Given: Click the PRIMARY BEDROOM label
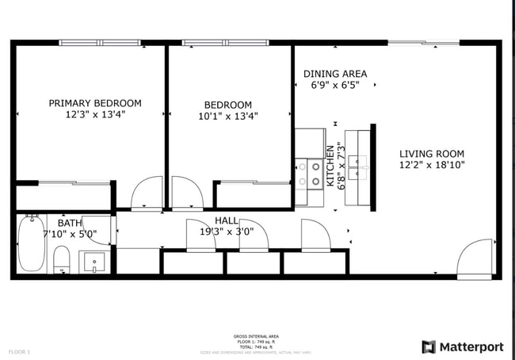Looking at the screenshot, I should (x=95, y=103).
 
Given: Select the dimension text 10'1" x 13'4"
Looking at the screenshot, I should (x=228, y=116).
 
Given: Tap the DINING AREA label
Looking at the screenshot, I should (x=335, y=74).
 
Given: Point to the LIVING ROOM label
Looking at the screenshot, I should (x=432, y=154).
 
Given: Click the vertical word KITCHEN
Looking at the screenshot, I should (x=330, y=166).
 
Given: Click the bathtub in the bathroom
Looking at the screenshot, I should (x=32, y=243).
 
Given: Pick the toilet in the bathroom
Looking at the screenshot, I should (x=62, y=259).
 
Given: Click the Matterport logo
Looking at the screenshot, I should (x=462, y=347).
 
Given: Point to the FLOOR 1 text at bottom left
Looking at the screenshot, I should (x=19, y=351).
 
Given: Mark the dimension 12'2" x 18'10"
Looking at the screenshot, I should (x=432, y=166).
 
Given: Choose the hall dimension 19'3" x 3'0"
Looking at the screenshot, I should (x=227, y=232).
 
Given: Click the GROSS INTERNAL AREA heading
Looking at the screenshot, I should (x=255, y=336).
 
